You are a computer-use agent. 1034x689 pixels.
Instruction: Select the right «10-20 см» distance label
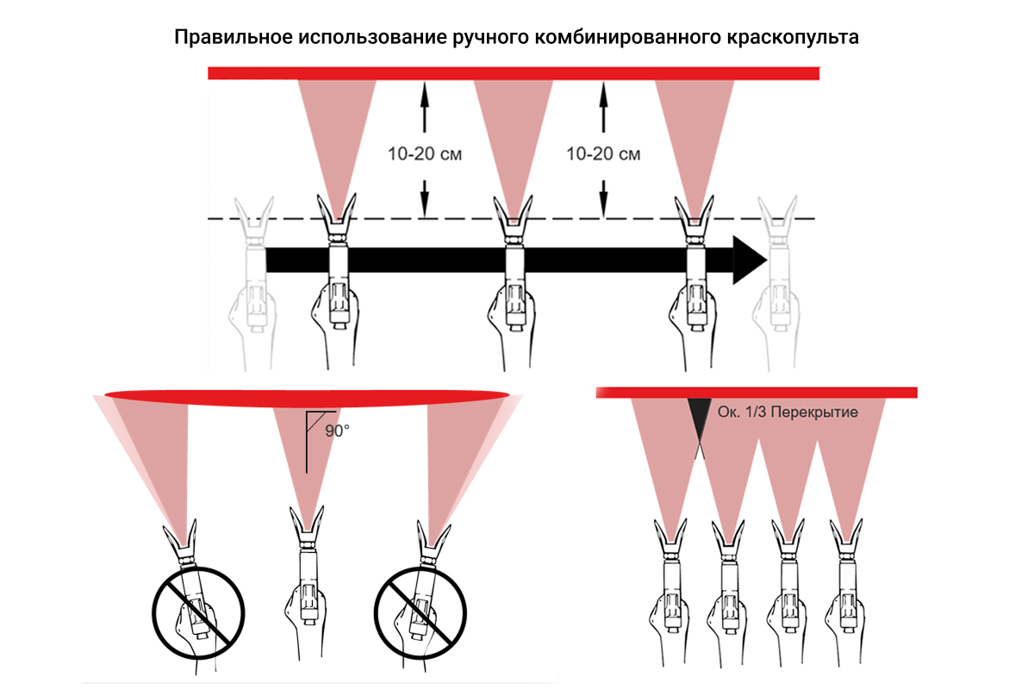(603, 155)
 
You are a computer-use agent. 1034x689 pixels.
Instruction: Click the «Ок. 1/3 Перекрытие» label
(788, 413)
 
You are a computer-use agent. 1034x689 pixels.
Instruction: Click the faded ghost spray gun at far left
(254, 276)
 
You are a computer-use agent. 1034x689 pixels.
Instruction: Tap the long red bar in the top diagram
(514, 73)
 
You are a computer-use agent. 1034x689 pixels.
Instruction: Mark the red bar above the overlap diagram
(756, 393)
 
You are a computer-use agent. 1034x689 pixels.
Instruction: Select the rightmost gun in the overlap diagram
(845, 586)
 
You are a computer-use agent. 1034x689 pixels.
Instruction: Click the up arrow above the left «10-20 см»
(423, 103)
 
